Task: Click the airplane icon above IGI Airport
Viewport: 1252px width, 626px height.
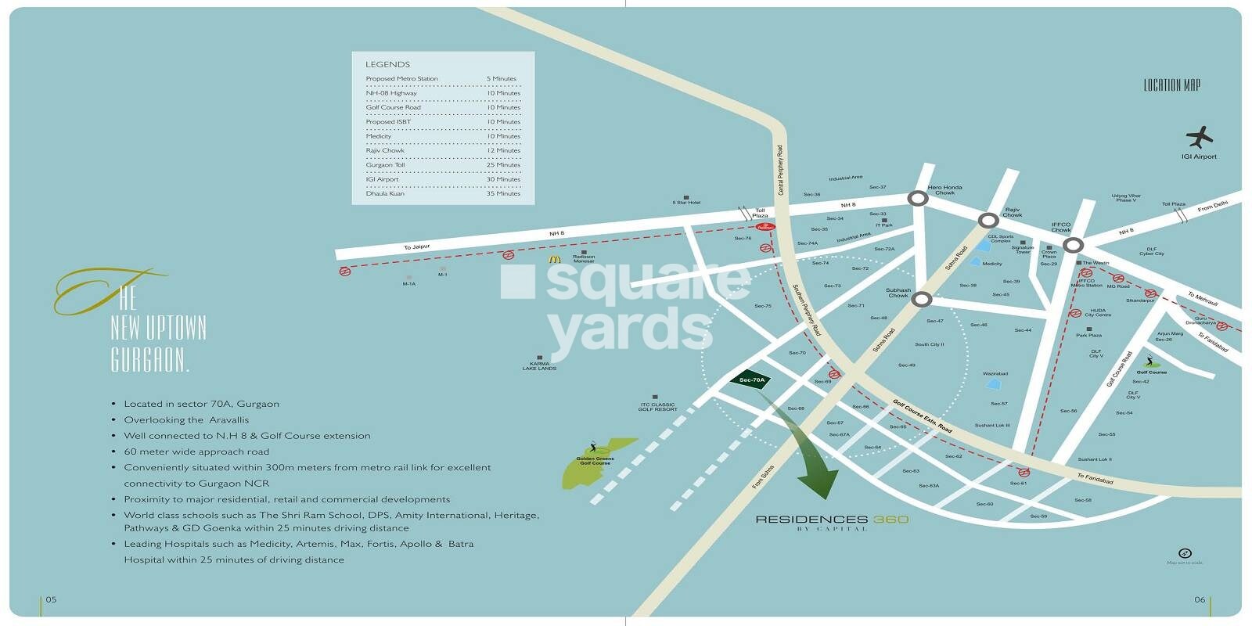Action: (x=1199, y=138)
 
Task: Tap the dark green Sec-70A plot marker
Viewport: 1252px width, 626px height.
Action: (x=751, y=380)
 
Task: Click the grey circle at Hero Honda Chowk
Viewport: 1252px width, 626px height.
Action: (x=918, y=199)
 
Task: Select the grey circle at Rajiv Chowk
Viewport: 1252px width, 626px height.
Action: (x=989, y=221)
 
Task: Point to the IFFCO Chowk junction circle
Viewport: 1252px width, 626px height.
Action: (x=1073, y=245)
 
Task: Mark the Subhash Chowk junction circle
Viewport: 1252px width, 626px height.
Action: (x=922, y=299)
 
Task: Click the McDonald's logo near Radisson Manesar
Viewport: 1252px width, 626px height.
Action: (x=555, y=258)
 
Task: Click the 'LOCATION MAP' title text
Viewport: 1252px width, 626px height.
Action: (x=1171, y=85)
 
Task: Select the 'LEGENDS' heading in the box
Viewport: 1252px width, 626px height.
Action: (x=387, y=64)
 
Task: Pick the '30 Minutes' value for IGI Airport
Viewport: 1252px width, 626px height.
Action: (x=502, y=179)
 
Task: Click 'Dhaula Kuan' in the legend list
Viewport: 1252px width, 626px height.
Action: (x=385, y=193)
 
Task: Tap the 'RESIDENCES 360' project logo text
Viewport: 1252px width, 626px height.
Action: (x=832, y=520)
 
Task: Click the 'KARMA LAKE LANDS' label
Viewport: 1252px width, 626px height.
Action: (x=539, y=365)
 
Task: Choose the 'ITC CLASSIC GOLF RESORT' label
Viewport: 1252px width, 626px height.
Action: (x=657, y=407)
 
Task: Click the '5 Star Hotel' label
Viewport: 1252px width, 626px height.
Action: (x=686, y=203)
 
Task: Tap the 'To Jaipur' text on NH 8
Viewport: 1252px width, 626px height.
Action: (x=417, y=247)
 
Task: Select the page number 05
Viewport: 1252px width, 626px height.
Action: (x=51, y=599)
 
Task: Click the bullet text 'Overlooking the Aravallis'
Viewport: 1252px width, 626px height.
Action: (x=186, y=420)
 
